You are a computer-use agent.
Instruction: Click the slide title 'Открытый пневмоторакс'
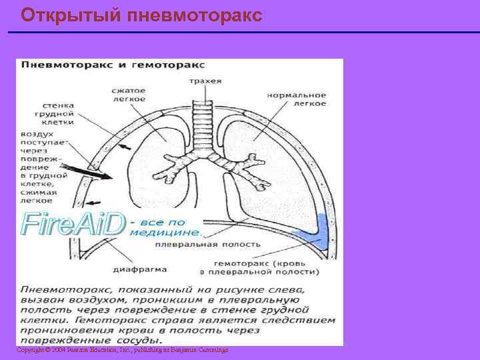(x=141, y=15)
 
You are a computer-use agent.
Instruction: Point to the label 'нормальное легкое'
(x=297, y=99)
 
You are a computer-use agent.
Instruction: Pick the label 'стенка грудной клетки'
(x=58, y=114)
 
